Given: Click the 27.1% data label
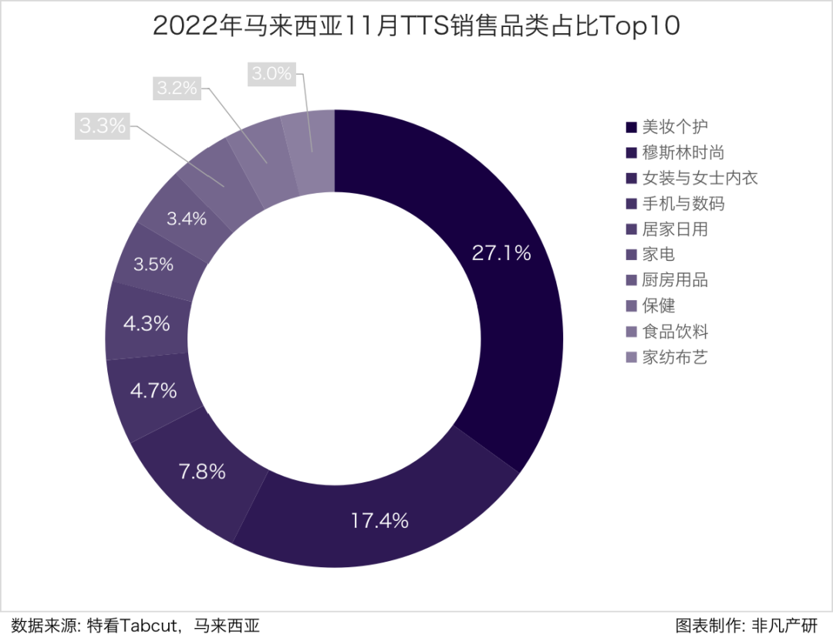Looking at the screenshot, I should [501, 253].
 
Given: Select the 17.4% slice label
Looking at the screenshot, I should [379, 521].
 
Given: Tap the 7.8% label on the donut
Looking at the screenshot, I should [202, 471].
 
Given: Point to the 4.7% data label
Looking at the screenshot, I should [153, 391].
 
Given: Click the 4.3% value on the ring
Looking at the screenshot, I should [147, 324].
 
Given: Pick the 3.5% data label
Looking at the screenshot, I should [153, 265].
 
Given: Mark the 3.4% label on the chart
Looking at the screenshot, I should [187, 219].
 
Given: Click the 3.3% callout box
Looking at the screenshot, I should [102, 126].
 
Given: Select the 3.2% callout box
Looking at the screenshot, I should [177, 88].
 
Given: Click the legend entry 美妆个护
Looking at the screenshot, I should [675, 127].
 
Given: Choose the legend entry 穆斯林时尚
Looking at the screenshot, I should [683, 153].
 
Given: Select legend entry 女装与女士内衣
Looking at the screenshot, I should [700, 178].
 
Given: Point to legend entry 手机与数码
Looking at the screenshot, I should [683, 204].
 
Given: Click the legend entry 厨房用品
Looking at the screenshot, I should [675, 280].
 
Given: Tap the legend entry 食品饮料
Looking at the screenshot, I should [675, 332].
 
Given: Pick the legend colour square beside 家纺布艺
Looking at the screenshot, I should [632, 358].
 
